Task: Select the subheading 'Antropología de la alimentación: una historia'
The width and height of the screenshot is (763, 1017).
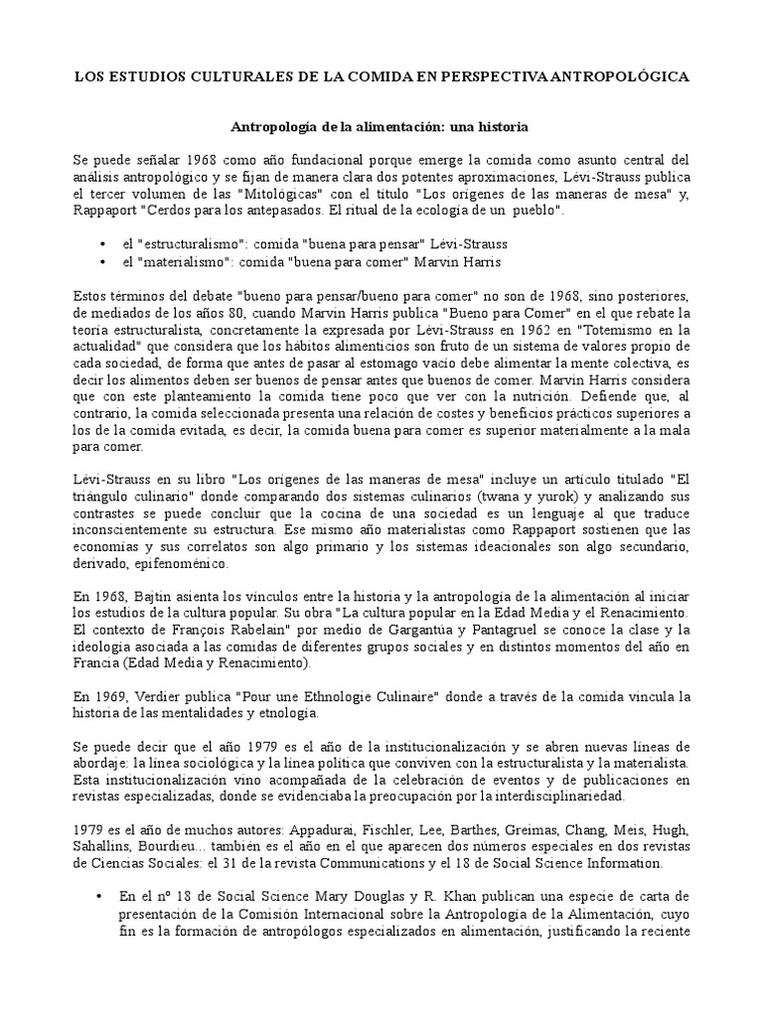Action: (381, 128)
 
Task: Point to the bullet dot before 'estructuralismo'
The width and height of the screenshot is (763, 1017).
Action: (105, 243)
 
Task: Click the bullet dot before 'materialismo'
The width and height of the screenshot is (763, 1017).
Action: (105, 261)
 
